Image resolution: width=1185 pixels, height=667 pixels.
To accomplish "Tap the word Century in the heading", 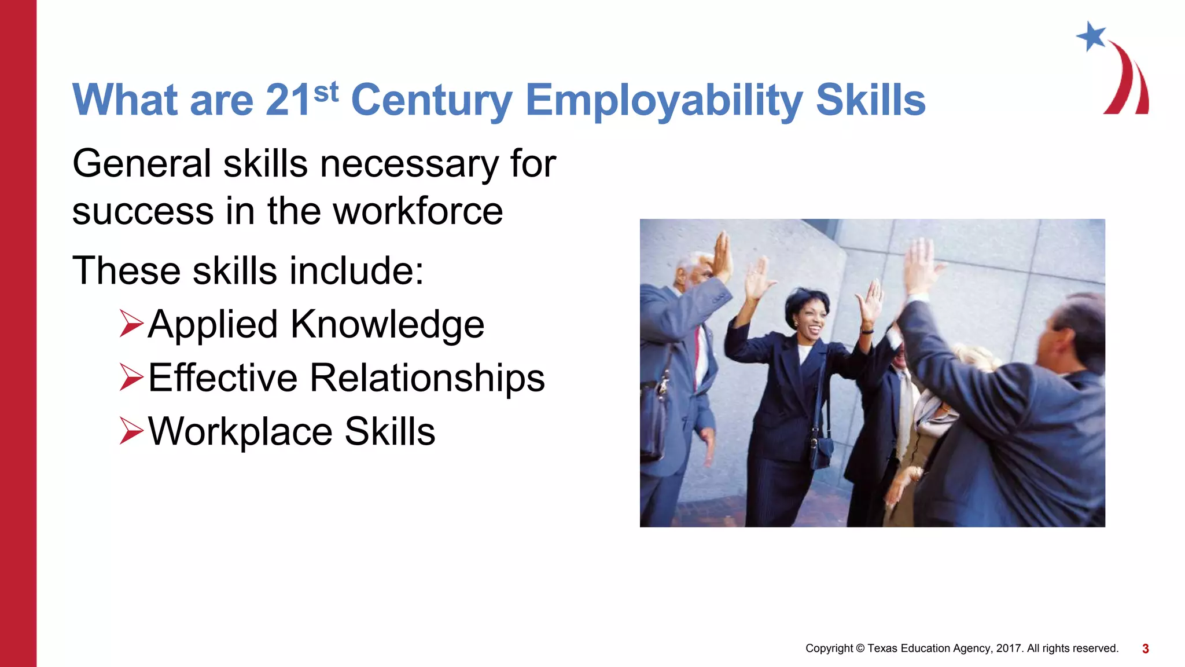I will (x=431, y=101).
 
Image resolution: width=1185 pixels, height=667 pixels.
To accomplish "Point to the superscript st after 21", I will (x=326, y=92).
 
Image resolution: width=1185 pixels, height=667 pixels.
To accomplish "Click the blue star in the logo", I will (x=1091, y=36).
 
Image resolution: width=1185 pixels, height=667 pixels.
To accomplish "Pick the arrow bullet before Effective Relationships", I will (x=131, y=377).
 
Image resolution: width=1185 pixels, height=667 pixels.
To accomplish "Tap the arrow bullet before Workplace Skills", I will (x=131, y=431).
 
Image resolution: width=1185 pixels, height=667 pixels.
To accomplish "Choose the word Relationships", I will (x=427, y=378).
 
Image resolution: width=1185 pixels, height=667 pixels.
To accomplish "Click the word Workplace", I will (x=240, y=432).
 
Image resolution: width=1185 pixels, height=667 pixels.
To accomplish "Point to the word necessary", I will (x=409, y=164).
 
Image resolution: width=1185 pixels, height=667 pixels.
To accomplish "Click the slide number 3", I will (x=1145, y=649).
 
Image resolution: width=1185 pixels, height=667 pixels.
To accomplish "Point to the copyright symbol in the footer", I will (x=860, y=648).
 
